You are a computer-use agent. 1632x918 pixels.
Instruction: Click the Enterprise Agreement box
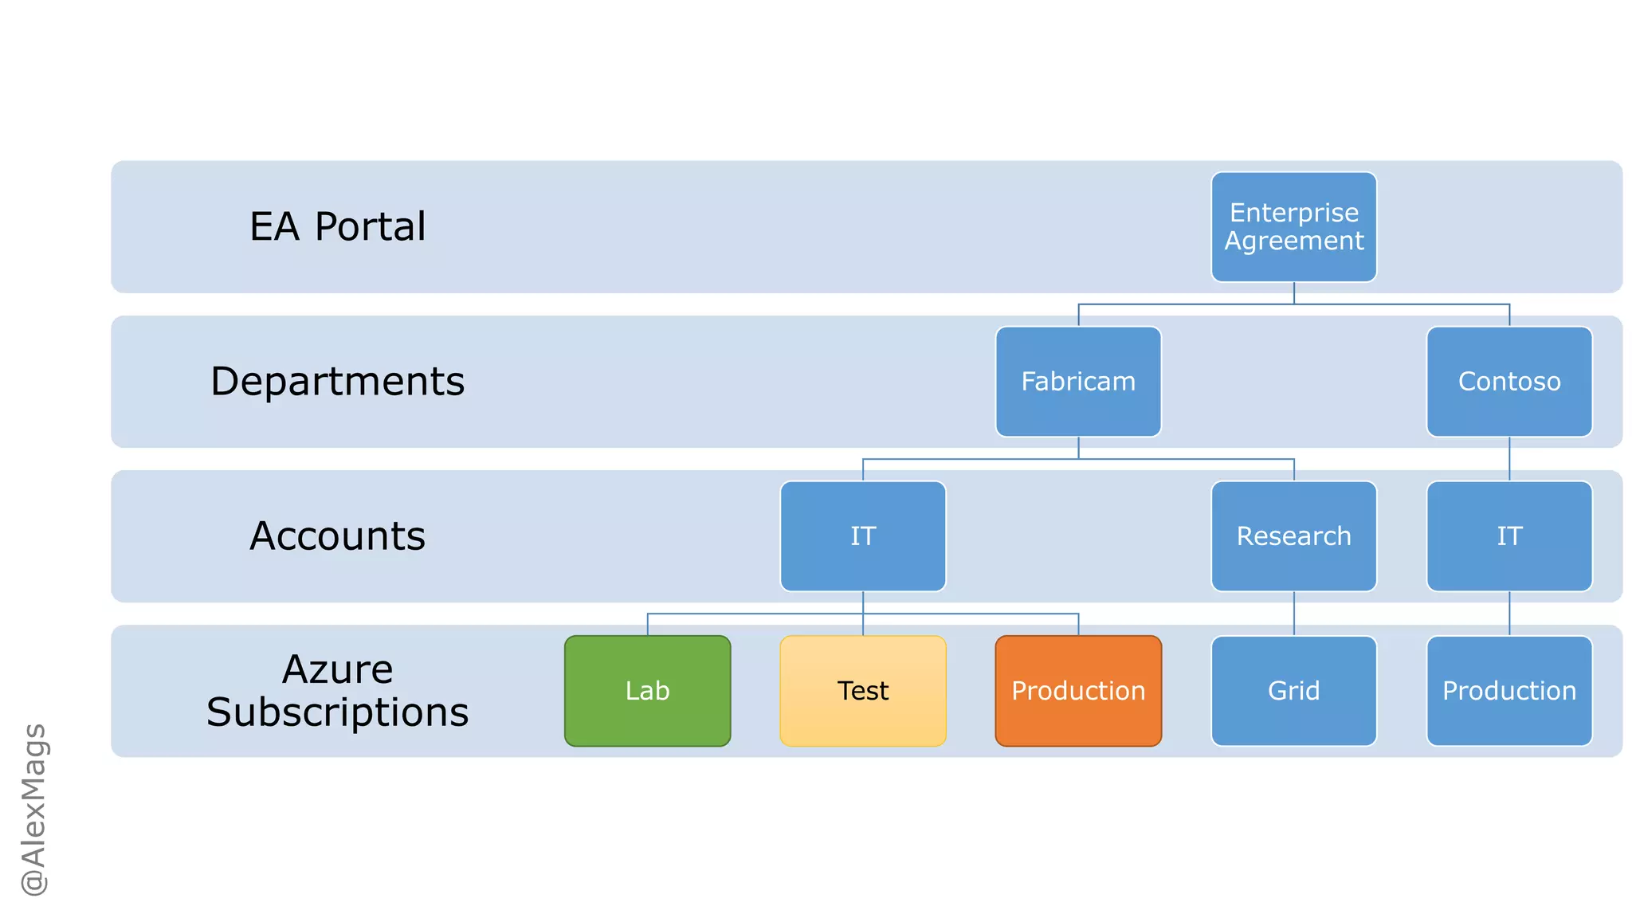pos(1293,226)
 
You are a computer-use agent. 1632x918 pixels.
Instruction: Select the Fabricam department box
pos(1078,381)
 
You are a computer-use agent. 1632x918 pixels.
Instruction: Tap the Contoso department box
pos(1508,381)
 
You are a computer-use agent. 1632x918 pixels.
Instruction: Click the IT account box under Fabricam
pos(863,535)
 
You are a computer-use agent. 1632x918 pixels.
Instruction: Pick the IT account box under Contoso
pos(1508,535)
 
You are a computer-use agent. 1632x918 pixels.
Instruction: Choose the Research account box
pos(1293,535)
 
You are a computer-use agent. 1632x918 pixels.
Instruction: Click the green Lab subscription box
pos(647,690)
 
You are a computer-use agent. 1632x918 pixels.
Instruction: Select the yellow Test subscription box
pos(863,690)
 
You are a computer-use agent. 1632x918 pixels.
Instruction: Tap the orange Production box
pos(1078,690)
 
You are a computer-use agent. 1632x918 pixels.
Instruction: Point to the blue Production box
pos(1508,690)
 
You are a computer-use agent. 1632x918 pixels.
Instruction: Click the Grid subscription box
pos(1293,690)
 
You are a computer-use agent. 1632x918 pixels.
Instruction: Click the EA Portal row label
pos(337,226)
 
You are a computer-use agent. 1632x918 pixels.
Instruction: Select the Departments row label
pos(337,381)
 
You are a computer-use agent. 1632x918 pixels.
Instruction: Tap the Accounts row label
pos(337,535)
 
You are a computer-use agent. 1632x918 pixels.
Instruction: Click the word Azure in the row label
pos(337,669)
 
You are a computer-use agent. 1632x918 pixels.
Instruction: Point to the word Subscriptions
pos(337,712)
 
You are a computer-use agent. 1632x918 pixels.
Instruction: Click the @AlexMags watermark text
pos(33,809)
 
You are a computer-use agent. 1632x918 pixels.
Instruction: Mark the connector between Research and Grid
pos(1294,614)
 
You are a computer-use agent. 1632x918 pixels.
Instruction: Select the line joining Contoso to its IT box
pos(1509,459)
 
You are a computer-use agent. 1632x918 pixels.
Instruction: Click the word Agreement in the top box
pos(1293,241)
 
